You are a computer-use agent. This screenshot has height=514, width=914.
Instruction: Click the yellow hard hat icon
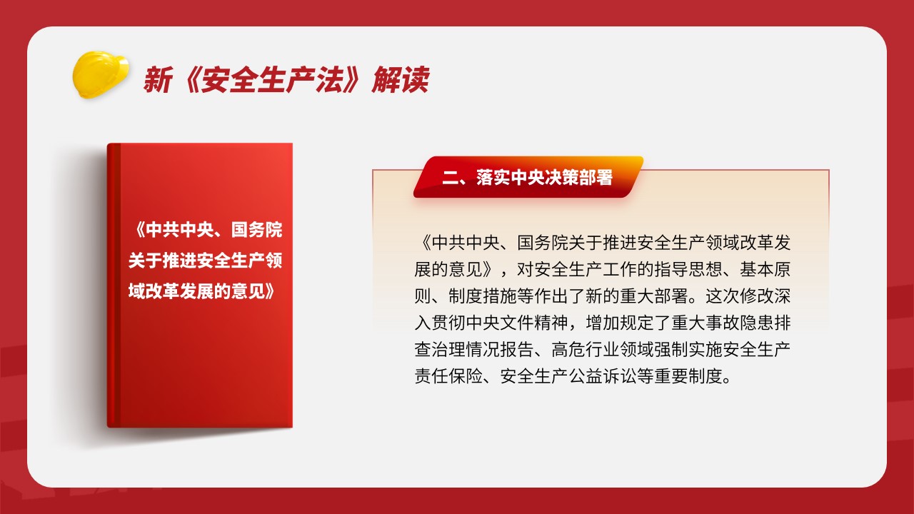point(101,74)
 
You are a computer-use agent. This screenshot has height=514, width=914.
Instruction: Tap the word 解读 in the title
point(401,79)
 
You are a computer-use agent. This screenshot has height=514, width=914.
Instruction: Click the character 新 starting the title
point(158,79)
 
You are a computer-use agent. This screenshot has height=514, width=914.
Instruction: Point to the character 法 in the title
point(329,79)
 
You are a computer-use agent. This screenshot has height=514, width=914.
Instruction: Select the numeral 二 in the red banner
point(451,178)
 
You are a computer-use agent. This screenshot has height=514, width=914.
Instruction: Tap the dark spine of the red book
point(114,285)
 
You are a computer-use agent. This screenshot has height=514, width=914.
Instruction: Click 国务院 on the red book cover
point(256,230)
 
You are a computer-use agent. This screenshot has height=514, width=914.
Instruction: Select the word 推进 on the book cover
point(179,261)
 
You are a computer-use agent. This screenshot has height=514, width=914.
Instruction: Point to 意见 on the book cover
point(248,291)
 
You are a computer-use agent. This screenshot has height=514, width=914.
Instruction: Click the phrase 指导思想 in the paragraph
point(689,270)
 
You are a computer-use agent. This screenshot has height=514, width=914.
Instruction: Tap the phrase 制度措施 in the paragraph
point(483,296)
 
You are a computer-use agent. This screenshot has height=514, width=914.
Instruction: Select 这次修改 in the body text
point(739,296)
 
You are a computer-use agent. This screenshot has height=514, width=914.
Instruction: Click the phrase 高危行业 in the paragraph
point(586,350)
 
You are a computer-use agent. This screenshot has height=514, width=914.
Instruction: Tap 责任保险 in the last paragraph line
point(449,376)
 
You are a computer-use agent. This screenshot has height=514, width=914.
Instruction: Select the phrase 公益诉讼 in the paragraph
point(603,376)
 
